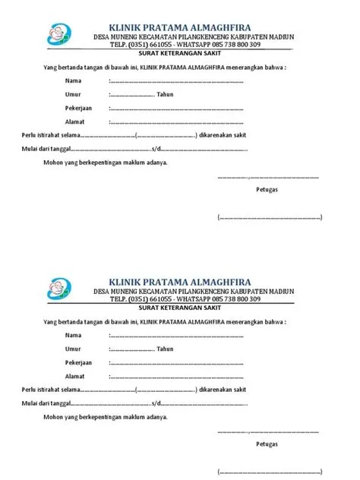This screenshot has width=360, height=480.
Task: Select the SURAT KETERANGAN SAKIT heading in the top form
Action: pyautogui.click(x=185, y=55)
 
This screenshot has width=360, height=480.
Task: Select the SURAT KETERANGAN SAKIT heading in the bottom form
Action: pyautogui.click(x=185, y=308)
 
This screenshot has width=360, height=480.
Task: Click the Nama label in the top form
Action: pyautogui.click(x=73, y=81)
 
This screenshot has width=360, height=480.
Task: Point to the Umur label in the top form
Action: pyautogui.click(x=73, y=94)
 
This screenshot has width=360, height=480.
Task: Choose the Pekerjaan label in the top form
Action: pyautogui.click(x=78, y=108)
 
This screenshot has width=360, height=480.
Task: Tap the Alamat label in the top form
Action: pyautogui.click(x=74, y=122)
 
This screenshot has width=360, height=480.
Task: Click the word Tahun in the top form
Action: pyautogui.click(x=165, y=94)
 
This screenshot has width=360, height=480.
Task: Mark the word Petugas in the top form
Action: pyautogui.click(x=267, y=191)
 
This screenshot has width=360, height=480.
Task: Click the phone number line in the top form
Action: pyautogui.click(x=185, y=46)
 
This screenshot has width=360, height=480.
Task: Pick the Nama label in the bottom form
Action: pyautogui.click(x=73, y=335)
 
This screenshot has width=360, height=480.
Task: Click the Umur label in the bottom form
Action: pyautogui.click(x=73, y=349)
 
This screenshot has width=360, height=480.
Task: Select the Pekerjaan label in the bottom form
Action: pyautogui.click(x=78, y=362)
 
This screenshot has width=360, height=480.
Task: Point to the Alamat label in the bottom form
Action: pyautogui.click(x=74, y=376)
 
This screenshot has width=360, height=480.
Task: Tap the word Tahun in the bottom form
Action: pyautogui.click(x=165, y=349)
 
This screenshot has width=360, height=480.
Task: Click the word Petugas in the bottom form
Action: pyautogui.click(x=267, y=444)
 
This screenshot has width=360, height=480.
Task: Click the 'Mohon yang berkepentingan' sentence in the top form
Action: pyautogui.click(x=106, y=163)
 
